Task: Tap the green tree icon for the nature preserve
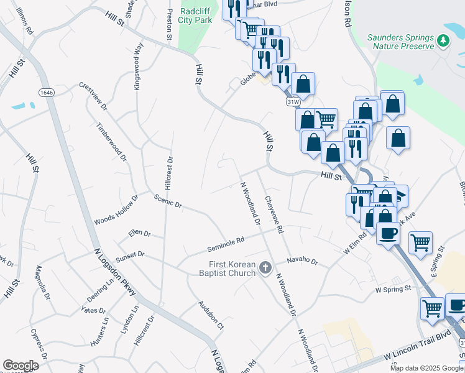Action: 443,41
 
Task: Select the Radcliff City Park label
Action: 196,16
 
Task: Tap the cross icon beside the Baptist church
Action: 265,269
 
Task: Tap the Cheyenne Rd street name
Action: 274,215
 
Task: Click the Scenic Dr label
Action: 168,201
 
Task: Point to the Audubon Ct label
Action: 211,315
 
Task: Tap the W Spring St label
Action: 393,289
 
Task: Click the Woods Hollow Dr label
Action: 116,210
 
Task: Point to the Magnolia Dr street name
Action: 43,282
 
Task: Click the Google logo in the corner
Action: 21,366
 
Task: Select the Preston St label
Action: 169,24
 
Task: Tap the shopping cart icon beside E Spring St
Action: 421,243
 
